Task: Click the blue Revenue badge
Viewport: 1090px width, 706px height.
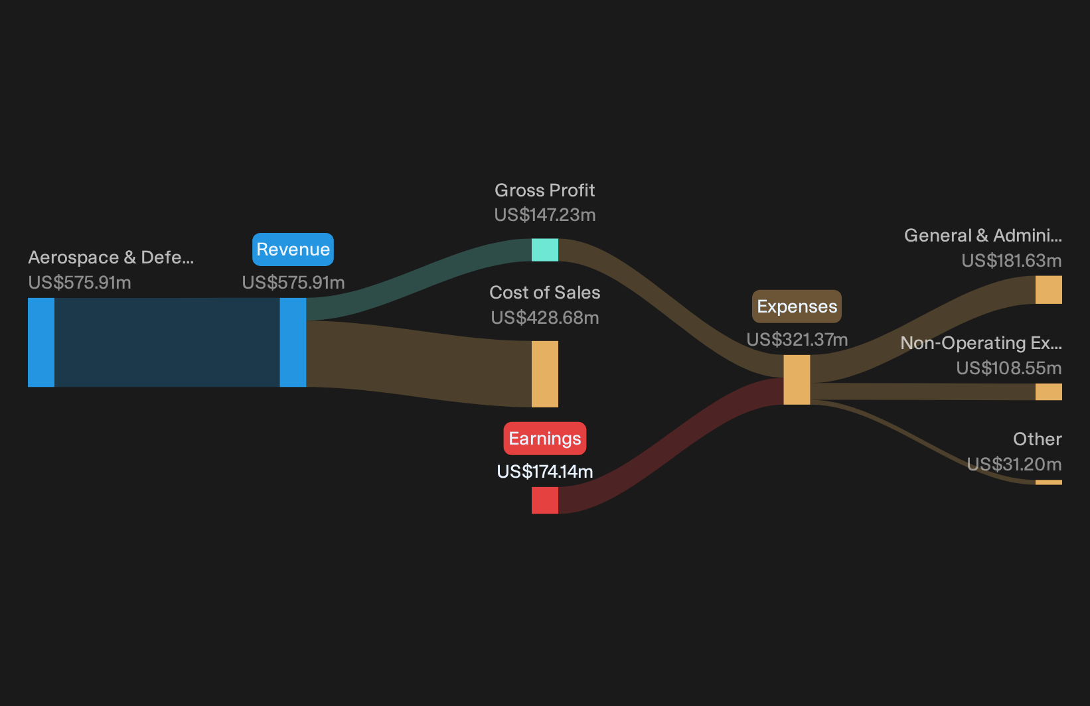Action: point(293,249)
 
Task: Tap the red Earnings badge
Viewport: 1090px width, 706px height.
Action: point(545,439)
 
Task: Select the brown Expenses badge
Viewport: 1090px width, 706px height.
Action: point(797,307)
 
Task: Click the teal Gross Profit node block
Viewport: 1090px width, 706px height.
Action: point(545,250)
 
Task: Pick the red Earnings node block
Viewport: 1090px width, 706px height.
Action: point(545,500)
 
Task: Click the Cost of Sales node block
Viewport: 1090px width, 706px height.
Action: point(545,374)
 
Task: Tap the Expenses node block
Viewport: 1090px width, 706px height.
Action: point(797,380)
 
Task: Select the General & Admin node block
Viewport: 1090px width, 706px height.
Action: point(1049,290)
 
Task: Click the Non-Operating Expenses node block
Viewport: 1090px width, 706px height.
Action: point(1049,391)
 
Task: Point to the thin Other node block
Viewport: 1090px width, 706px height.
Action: point(1049,482)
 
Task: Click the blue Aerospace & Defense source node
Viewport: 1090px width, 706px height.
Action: point(41,342)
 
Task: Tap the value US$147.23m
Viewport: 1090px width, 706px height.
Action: point(545,215)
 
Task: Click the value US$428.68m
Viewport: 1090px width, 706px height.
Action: point(545,318)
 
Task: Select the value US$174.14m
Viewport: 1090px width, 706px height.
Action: point(545,472)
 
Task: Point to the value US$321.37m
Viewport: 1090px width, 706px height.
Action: point(797,340)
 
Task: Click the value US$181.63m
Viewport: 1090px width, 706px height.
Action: point(1012,261)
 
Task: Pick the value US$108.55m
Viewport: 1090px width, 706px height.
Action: point(1009,368)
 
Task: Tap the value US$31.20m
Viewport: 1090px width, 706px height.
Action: point(1014,464)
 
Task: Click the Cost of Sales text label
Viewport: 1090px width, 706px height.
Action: point(545,293)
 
